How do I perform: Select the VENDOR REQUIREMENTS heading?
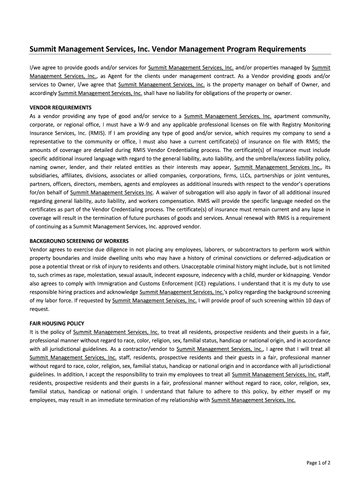(60, 107)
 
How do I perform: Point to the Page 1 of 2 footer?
(318, 463)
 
